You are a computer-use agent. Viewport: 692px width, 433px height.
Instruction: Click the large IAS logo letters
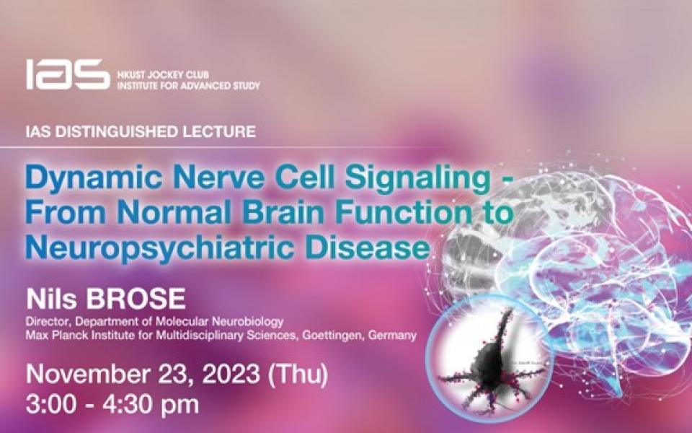(68, 74)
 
